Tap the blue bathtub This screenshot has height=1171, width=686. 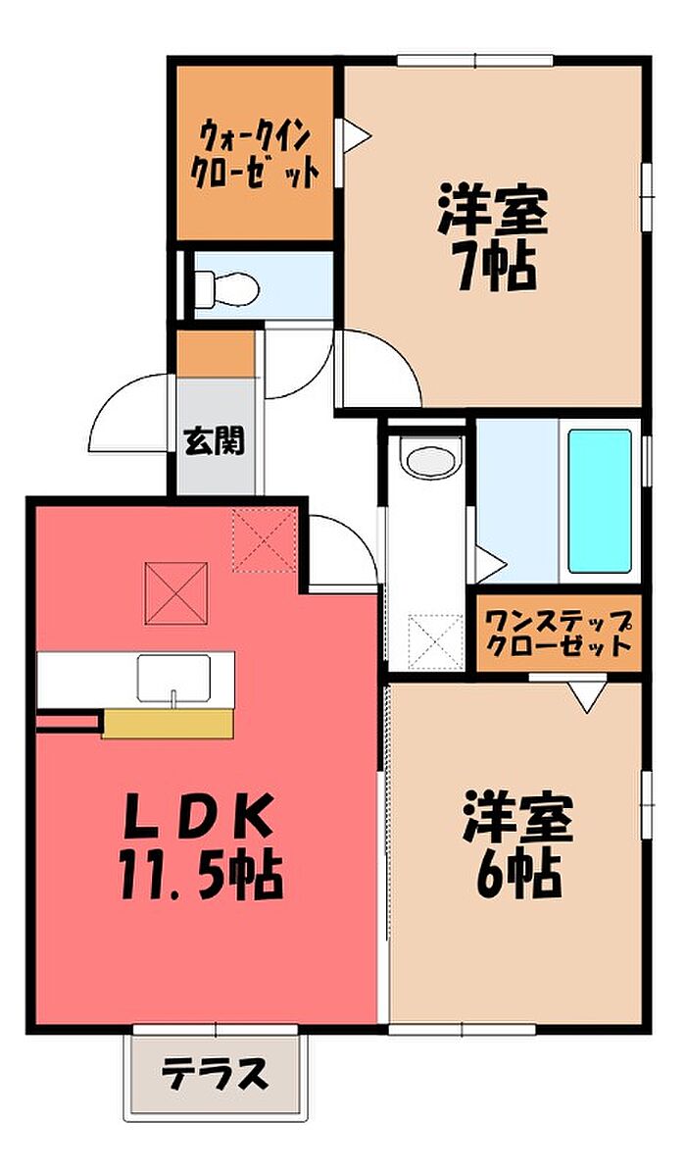point(599,500)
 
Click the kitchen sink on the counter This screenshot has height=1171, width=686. point(173,677)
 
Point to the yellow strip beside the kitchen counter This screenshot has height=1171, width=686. point(168,723)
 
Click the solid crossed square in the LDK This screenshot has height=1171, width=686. point(175,592)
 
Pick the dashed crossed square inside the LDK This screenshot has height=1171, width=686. point(264,540)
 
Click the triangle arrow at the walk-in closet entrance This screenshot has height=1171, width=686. point(355,136)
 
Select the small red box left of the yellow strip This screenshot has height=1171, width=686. point(68,724)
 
